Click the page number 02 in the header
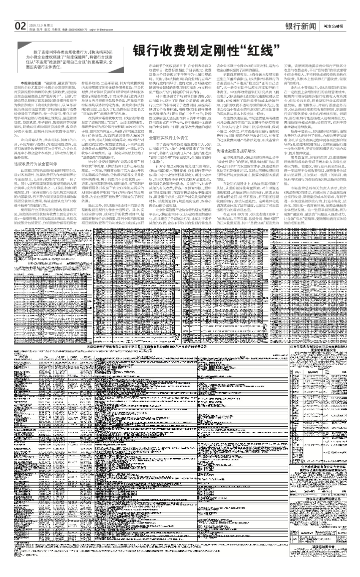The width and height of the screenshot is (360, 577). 21,26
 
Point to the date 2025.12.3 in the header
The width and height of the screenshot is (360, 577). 36,24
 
